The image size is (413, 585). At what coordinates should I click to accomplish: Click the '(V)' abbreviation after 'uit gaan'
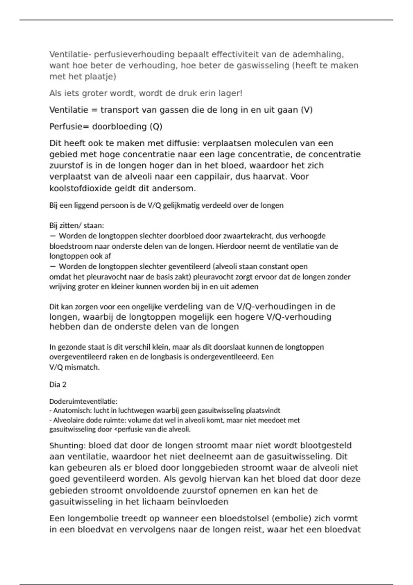(x=307, y=110)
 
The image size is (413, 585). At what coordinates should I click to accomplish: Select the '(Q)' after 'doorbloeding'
(x=156, y=127)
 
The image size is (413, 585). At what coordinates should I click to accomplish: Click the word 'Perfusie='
(x=69, y=127)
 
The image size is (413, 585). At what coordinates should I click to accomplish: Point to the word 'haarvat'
(x=271, y=177)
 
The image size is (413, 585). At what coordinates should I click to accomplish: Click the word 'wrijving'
(x=61, y=287)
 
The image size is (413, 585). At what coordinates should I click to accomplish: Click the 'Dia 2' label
(x=58, y=385)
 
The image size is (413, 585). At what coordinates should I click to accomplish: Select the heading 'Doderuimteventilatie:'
(x=83, y=401)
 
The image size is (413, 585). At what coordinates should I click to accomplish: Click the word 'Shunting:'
(x=67, y=446)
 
